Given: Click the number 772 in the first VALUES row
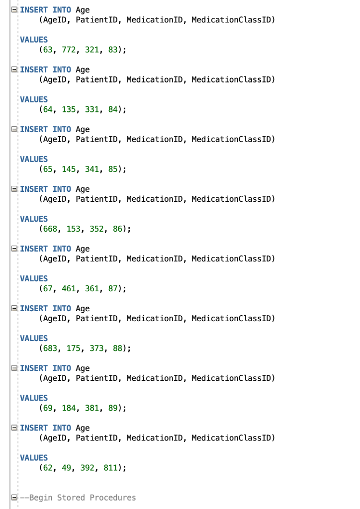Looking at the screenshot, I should (x=69, y=50).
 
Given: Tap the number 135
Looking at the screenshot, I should (x=69, y=109).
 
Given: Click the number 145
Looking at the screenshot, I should (x=69, y=169).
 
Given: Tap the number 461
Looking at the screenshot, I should (x=69, y=288).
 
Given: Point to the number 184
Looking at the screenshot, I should (x=69, y=408).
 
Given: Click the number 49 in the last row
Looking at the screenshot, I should (x=66, y=467).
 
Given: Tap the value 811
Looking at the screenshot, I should (x=110, y=467).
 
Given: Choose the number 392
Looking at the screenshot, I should (x=87, y=467).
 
